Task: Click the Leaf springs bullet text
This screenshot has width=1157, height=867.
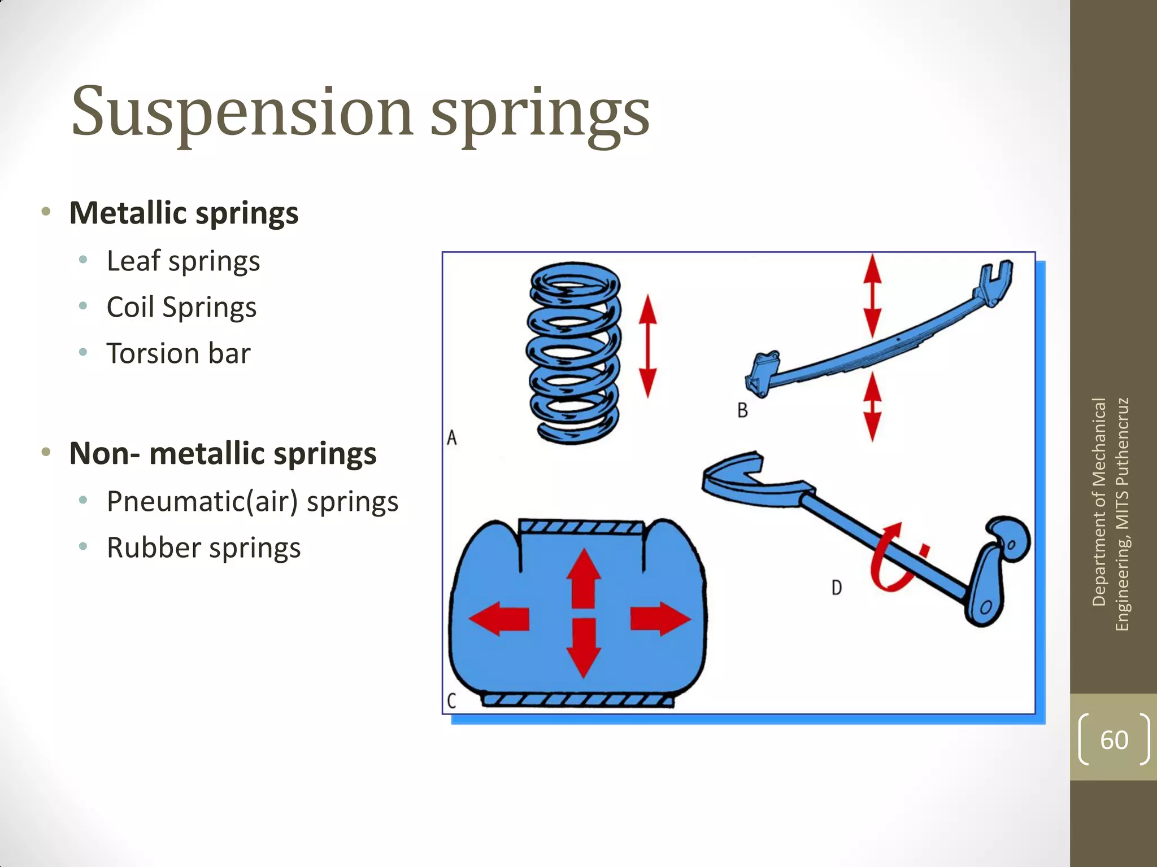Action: [183, 261]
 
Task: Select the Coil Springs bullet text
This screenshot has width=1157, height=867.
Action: [181, 308]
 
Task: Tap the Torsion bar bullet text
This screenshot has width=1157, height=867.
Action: [179, 354]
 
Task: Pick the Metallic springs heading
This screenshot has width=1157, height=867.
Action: [184, 213]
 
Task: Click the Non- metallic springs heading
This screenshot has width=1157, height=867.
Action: [223, 454]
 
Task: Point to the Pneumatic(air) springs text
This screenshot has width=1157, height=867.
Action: [253, 502]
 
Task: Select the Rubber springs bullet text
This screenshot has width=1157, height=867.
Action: [203, 548]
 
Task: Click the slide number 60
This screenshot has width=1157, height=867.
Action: [1113, 740]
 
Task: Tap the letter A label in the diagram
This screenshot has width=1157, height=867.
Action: [451, 437]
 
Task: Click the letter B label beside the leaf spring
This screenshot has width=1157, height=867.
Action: [742, 410]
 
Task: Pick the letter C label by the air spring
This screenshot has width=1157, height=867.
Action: [451, 700]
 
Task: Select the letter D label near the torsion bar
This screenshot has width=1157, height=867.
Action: [837, 588]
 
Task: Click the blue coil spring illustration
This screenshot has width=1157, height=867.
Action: [573, 353]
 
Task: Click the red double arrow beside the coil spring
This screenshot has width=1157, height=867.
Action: [647, 345]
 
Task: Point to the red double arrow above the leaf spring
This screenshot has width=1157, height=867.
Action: [873, 296]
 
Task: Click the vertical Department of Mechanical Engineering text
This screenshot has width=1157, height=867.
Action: [1110, 514]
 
